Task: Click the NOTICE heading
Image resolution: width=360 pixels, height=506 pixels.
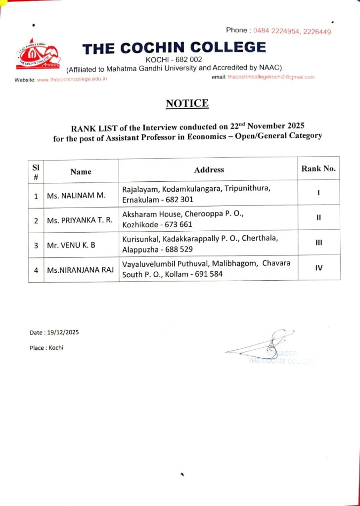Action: pos(187,103)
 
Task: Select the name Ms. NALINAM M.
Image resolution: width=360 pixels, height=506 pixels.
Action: pos(76,196)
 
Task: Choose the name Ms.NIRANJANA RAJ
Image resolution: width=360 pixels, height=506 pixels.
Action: pos(80,270)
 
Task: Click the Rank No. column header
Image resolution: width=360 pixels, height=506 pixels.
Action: pos(318,169)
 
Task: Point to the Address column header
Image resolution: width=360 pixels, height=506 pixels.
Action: pos(209,169)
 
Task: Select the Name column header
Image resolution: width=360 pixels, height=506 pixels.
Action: pos(81,171)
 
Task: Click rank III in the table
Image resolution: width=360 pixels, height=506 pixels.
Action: pos(319,243)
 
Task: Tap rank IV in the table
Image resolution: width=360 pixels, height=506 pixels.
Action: pos(319,268)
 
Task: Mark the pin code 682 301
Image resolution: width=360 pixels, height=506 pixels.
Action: pos(179,200)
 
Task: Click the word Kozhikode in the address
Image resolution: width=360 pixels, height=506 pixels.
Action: pos(140,225)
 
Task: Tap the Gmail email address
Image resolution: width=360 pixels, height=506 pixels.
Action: pos(271,77)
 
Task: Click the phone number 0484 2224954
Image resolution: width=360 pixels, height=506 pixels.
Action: pos(275,31)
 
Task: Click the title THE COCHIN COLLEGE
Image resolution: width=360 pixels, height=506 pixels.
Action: pos(174,48)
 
